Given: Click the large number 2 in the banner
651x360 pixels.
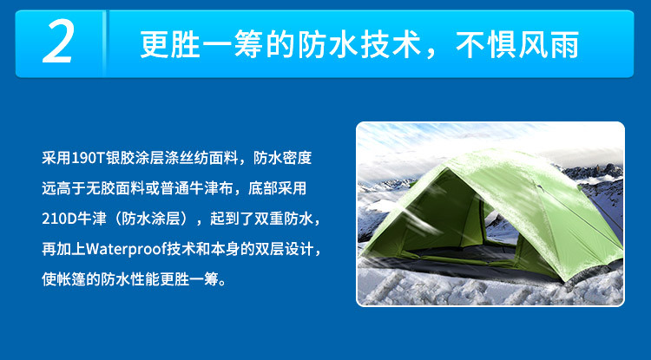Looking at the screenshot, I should pos(57,44).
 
